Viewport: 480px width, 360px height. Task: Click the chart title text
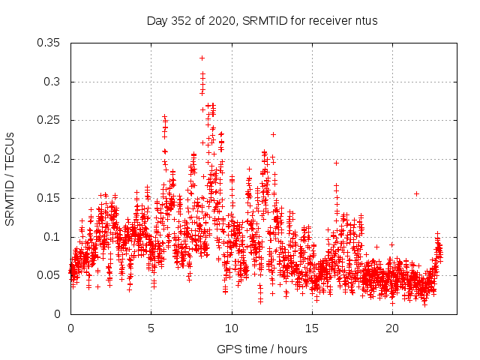click(x=262, y=21)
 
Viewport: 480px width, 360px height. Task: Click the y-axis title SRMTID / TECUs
click(x=10, y=178)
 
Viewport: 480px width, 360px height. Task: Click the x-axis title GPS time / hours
click(x=262, y=349)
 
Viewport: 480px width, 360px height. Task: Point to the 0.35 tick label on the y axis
click(x=50, y=43)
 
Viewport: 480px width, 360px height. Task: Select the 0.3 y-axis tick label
click(x=53, y=82)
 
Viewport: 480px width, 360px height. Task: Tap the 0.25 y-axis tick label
click(x=50, y=120)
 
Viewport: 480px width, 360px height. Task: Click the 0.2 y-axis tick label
click(x=53, y=159)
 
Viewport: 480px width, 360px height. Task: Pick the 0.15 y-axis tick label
click(x=50, y=198)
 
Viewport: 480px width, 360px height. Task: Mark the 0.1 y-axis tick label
click(x=53, y=237)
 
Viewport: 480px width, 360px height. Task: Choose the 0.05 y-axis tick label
click(x=50, y=275)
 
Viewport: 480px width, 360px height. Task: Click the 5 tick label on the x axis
click(x=151, y=328)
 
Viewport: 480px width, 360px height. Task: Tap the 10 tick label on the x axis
click(x=232, y=328)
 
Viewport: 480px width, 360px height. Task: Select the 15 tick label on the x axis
click(x=312, y=328)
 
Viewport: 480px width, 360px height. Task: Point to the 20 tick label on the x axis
click(x=392, y=328)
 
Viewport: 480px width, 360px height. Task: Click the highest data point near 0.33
click(x=202, y=58)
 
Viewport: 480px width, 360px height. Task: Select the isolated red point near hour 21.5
click(x=416, y=193)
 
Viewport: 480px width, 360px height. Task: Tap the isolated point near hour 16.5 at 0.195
click(x=337, y=163)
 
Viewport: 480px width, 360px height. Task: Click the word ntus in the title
click(x=366, y=21)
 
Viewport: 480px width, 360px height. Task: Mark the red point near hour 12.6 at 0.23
click(x=274, y=135)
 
